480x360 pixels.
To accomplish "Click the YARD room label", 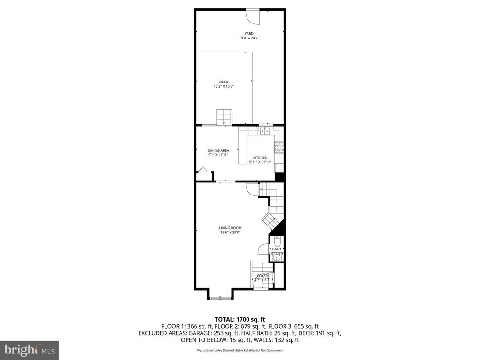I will (x=249, y=33).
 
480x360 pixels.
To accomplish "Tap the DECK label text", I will (x=224, y=82).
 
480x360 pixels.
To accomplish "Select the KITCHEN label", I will (x=260, y=157).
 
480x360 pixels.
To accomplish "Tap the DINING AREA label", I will (x=218, y=150).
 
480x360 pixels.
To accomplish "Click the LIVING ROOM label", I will (x=231, y=228).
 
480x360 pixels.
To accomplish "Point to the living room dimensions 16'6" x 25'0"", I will (x=231, y=232).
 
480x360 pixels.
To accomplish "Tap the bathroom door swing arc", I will (x=263, y=249).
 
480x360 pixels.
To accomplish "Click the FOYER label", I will (x=262, y=276).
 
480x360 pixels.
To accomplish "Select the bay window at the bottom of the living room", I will (x=219, y=297).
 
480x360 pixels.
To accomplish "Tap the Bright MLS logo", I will (x=29, y=350).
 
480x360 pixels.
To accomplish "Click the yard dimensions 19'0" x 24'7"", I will (x=249, y=38).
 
